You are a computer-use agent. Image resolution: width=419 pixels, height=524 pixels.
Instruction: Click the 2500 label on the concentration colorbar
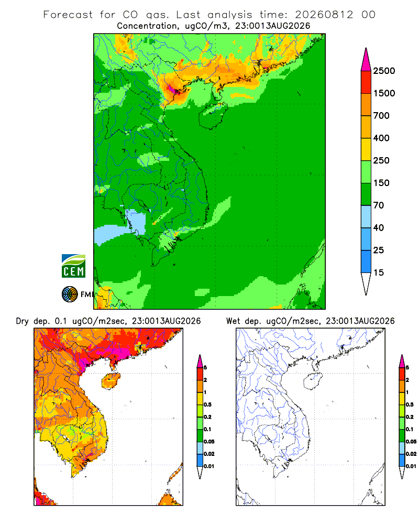click(384, 71)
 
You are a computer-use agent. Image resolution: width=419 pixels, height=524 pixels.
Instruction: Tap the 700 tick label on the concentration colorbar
click(381, 116)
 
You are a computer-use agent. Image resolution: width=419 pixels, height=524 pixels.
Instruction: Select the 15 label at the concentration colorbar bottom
click(379, 272)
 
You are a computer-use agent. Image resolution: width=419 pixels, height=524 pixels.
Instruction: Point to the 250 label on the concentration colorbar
click(381, 160)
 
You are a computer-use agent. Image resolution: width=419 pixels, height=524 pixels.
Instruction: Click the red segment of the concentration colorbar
click(366, 82)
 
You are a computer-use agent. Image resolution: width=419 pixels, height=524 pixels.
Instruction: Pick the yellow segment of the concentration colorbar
click(366, 149)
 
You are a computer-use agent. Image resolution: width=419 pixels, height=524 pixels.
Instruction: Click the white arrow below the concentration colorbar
click(366, 283)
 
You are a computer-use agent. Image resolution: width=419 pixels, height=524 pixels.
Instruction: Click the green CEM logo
click(73, 266)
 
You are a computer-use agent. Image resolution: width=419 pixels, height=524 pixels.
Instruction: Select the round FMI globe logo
click(70, 294)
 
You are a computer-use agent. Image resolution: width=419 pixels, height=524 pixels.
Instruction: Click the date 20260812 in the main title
click(324, 15)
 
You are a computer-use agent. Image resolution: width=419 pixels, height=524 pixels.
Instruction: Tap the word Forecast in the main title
click(68, 15)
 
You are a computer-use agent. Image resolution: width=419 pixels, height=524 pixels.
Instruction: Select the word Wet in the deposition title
click(233, 321)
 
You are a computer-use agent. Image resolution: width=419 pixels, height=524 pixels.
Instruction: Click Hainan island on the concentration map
click(213, 116)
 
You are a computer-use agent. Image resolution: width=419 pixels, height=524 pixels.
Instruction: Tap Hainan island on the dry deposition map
click(111, 381)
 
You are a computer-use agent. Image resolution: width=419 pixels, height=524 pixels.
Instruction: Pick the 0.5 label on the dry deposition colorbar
click(207, 405)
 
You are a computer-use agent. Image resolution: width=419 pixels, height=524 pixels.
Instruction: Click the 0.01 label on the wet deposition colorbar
click(411, 466)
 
